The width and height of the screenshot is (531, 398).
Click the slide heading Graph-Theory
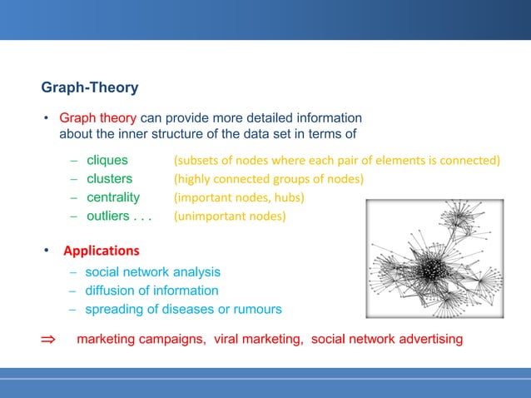90,87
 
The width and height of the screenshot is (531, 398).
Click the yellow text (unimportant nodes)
229,217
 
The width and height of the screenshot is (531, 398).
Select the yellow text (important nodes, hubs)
239,198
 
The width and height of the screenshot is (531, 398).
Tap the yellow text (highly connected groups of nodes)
269,179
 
